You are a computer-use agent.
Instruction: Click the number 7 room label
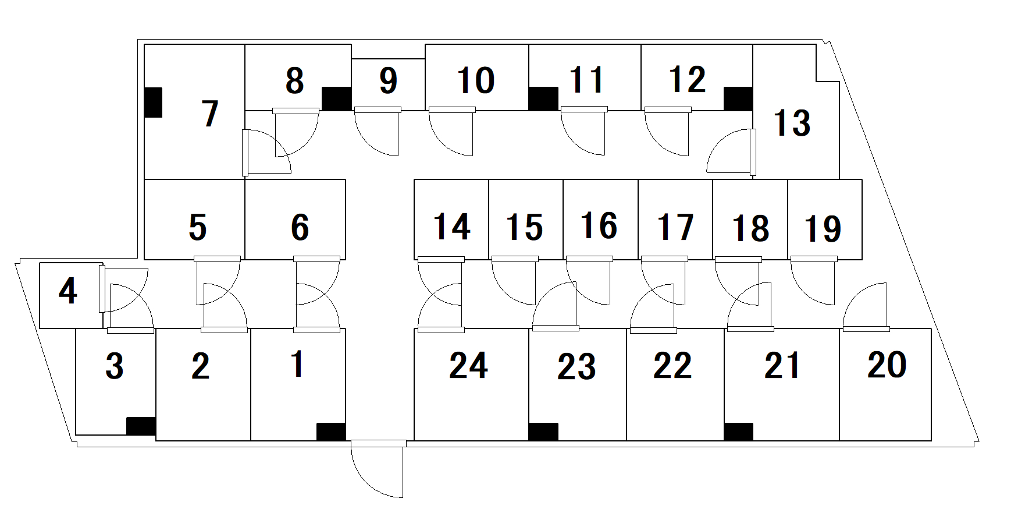click(x=210, y=114)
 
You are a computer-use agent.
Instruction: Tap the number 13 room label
click(x=792, y=123)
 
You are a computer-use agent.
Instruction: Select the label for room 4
click(x=68, y=291)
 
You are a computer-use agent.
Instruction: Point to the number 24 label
click(x=468, y=366)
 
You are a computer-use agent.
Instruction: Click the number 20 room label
click(x=887, y=366)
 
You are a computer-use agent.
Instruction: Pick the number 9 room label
click(x=388, y=81)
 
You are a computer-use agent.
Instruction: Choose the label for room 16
click(x=599, y=226)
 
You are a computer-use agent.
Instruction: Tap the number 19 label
click(x=823, y=229)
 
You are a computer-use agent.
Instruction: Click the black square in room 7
click(x=153, y=103)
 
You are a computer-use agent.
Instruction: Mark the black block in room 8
click(x=336, y=99)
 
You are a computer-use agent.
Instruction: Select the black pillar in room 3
click(x=141, y=426)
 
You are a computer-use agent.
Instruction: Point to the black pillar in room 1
click(x=331, y=432)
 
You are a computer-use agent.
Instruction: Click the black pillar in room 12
click(x=738, y=99)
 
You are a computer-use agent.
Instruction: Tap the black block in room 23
click(x=543, y=432)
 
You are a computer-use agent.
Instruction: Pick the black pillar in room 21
click(x=739, y=432)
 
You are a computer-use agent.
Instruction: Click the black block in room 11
click(x=543, y=99)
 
